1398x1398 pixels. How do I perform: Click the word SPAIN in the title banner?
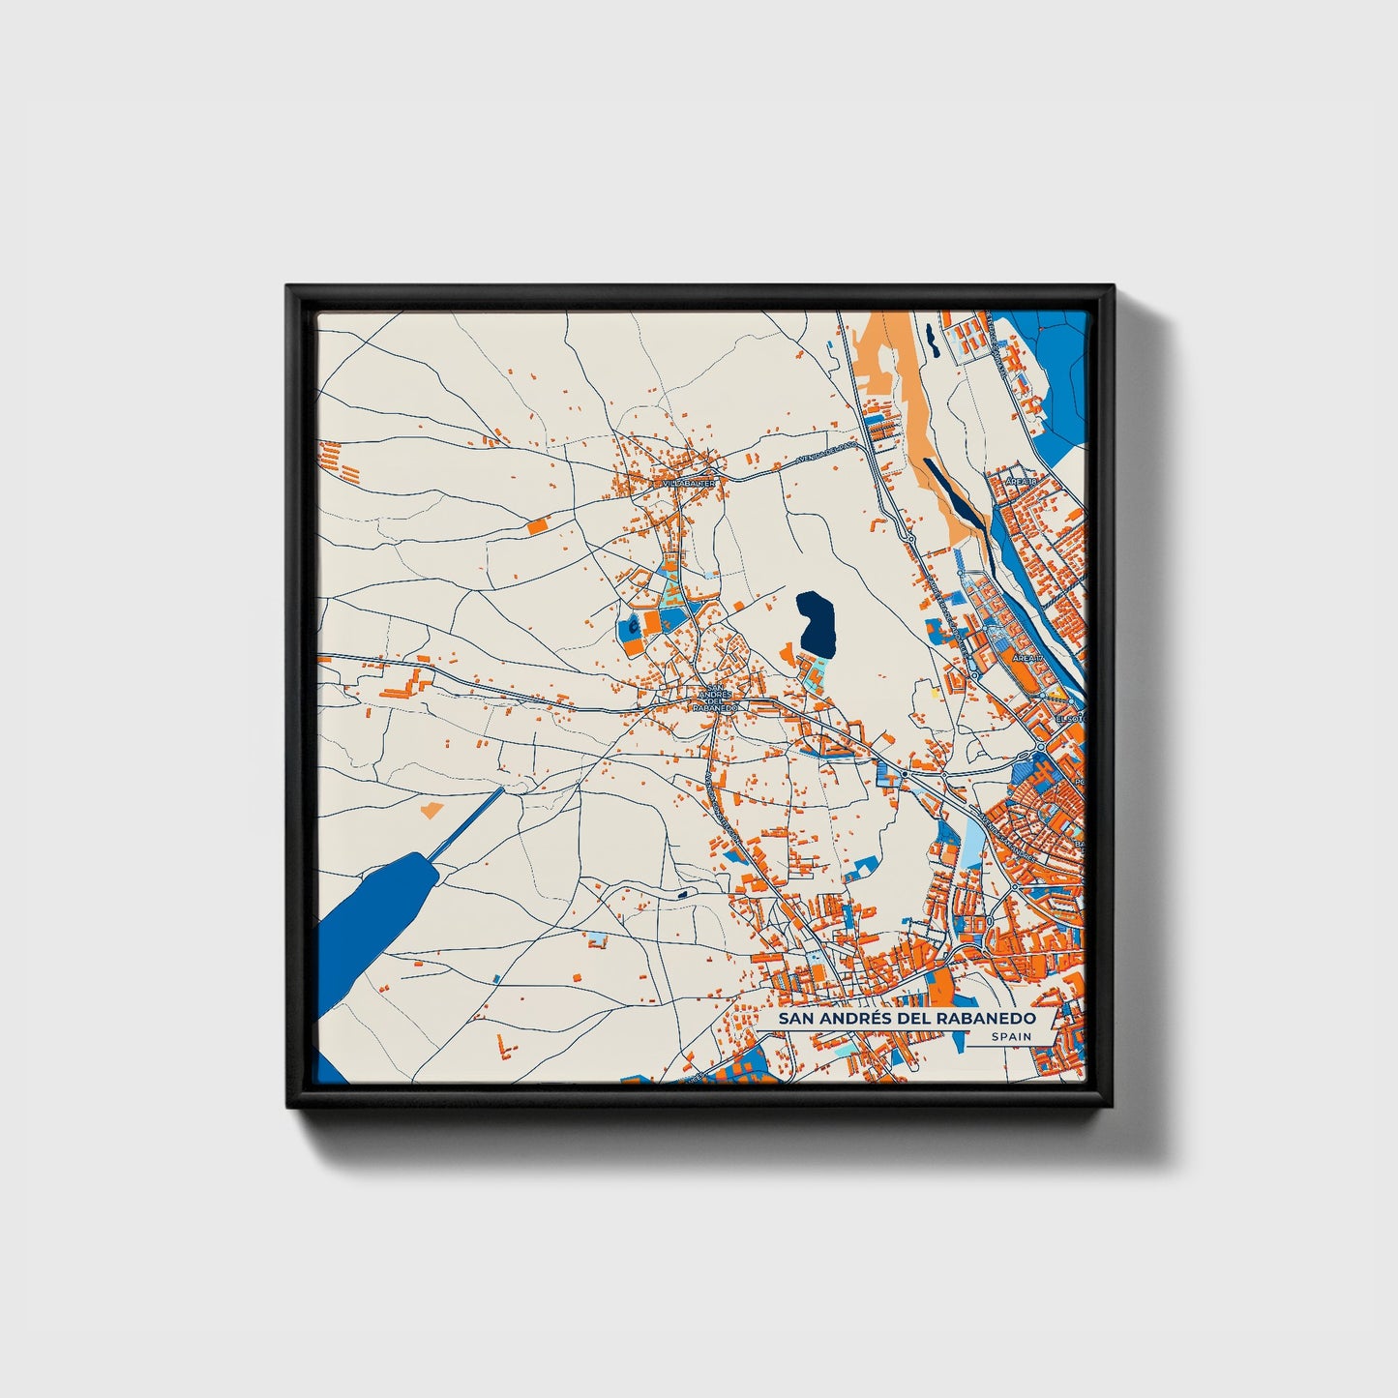pyautogui.click(x=1011, y=1037)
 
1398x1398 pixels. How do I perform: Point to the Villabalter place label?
pyautogui.click(x=689, y=482)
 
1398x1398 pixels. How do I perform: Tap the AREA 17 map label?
pyautogui.click(x=1026, y=658)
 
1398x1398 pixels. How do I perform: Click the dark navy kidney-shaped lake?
pyautogui.click(x=817, y=622)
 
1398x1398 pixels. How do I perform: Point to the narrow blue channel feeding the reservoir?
pyautogui.click(x=466, y=823)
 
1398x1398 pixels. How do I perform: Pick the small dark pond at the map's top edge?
pyautogui.click(x=930, y=338)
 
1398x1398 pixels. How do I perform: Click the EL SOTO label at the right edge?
pyautogui.click(x=1072, y=719)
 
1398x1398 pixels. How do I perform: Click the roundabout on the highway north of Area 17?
pyautogui.click(x=910, y=537)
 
